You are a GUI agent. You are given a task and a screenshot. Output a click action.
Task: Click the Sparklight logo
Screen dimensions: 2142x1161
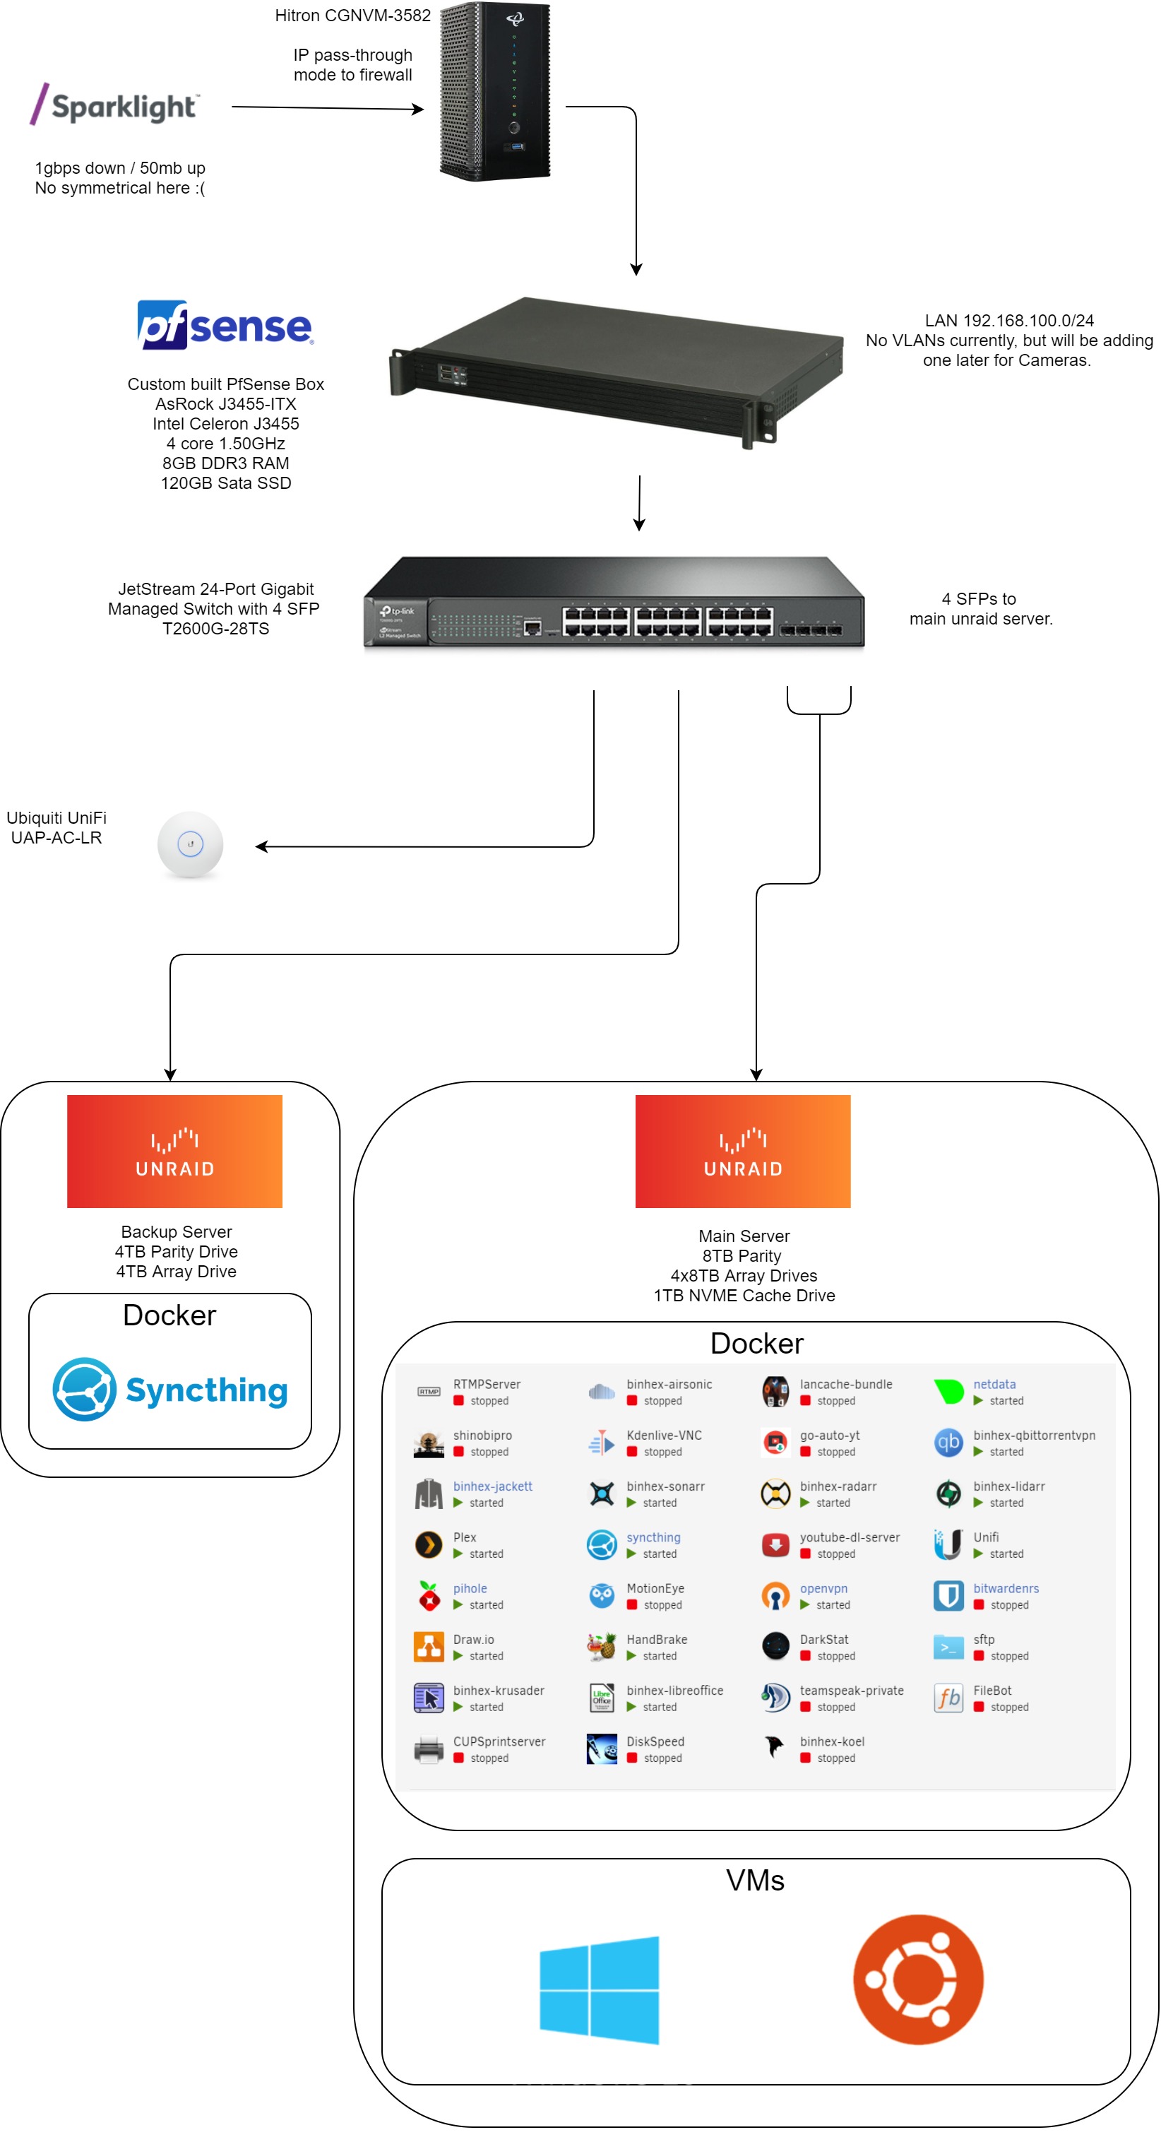tap(114, 105)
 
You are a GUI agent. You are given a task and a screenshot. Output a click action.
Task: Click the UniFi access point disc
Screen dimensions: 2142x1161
tap(190, 844)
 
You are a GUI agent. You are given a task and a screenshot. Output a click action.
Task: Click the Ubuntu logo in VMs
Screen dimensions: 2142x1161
tap(917, 1979)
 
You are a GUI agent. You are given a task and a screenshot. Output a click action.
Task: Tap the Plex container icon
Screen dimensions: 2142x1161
tap(428, 1544)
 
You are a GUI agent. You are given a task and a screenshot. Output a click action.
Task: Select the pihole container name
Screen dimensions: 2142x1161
tap(470, 1587)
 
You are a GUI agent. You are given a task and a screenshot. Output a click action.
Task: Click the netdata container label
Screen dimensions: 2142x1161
tap(994, 1384)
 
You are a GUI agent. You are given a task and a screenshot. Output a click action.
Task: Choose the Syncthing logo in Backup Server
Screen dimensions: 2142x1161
tap(169, 1390)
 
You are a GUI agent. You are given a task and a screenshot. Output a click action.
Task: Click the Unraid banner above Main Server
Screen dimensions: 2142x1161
tap(742, 1151)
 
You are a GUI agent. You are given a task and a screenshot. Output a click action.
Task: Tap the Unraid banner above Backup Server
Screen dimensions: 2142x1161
tap(174, 1151)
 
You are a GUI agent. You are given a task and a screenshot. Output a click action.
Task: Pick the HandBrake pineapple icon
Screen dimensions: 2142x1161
tap(601, 1646)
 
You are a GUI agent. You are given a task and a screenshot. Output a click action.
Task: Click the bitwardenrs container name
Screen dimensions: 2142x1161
tap(1006, 1587)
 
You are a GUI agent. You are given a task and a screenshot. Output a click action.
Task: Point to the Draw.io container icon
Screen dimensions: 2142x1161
tap(428, 1646)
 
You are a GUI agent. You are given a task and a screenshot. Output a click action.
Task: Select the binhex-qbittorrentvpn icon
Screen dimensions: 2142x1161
tap(948, 1442)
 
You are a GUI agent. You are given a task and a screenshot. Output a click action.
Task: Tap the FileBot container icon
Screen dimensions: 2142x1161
tap(948, 1697)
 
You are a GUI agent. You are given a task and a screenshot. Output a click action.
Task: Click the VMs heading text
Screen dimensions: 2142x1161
tap(755, 1881)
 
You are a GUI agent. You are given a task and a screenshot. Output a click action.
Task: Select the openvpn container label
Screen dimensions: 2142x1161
tap(823, 1587)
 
